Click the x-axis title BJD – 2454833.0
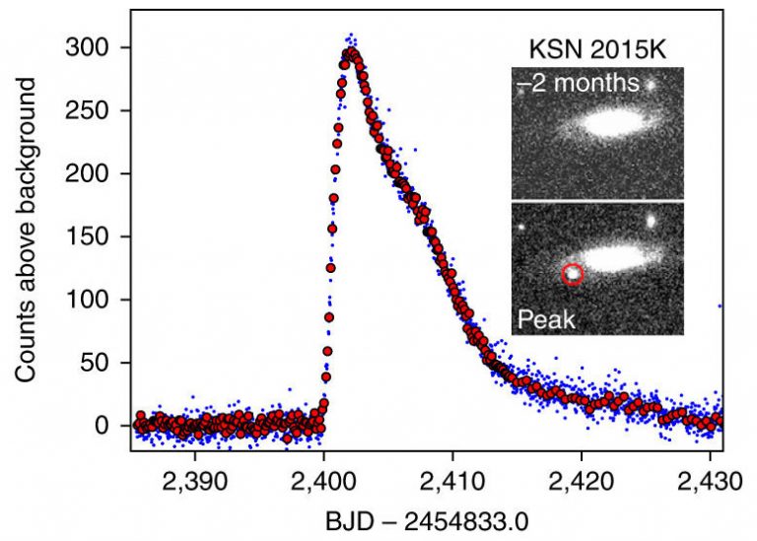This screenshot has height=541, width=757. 425,522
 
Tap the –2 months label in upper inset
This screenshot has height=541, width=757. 578,83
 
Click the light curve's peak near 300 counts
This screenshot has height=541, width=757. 350,53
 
